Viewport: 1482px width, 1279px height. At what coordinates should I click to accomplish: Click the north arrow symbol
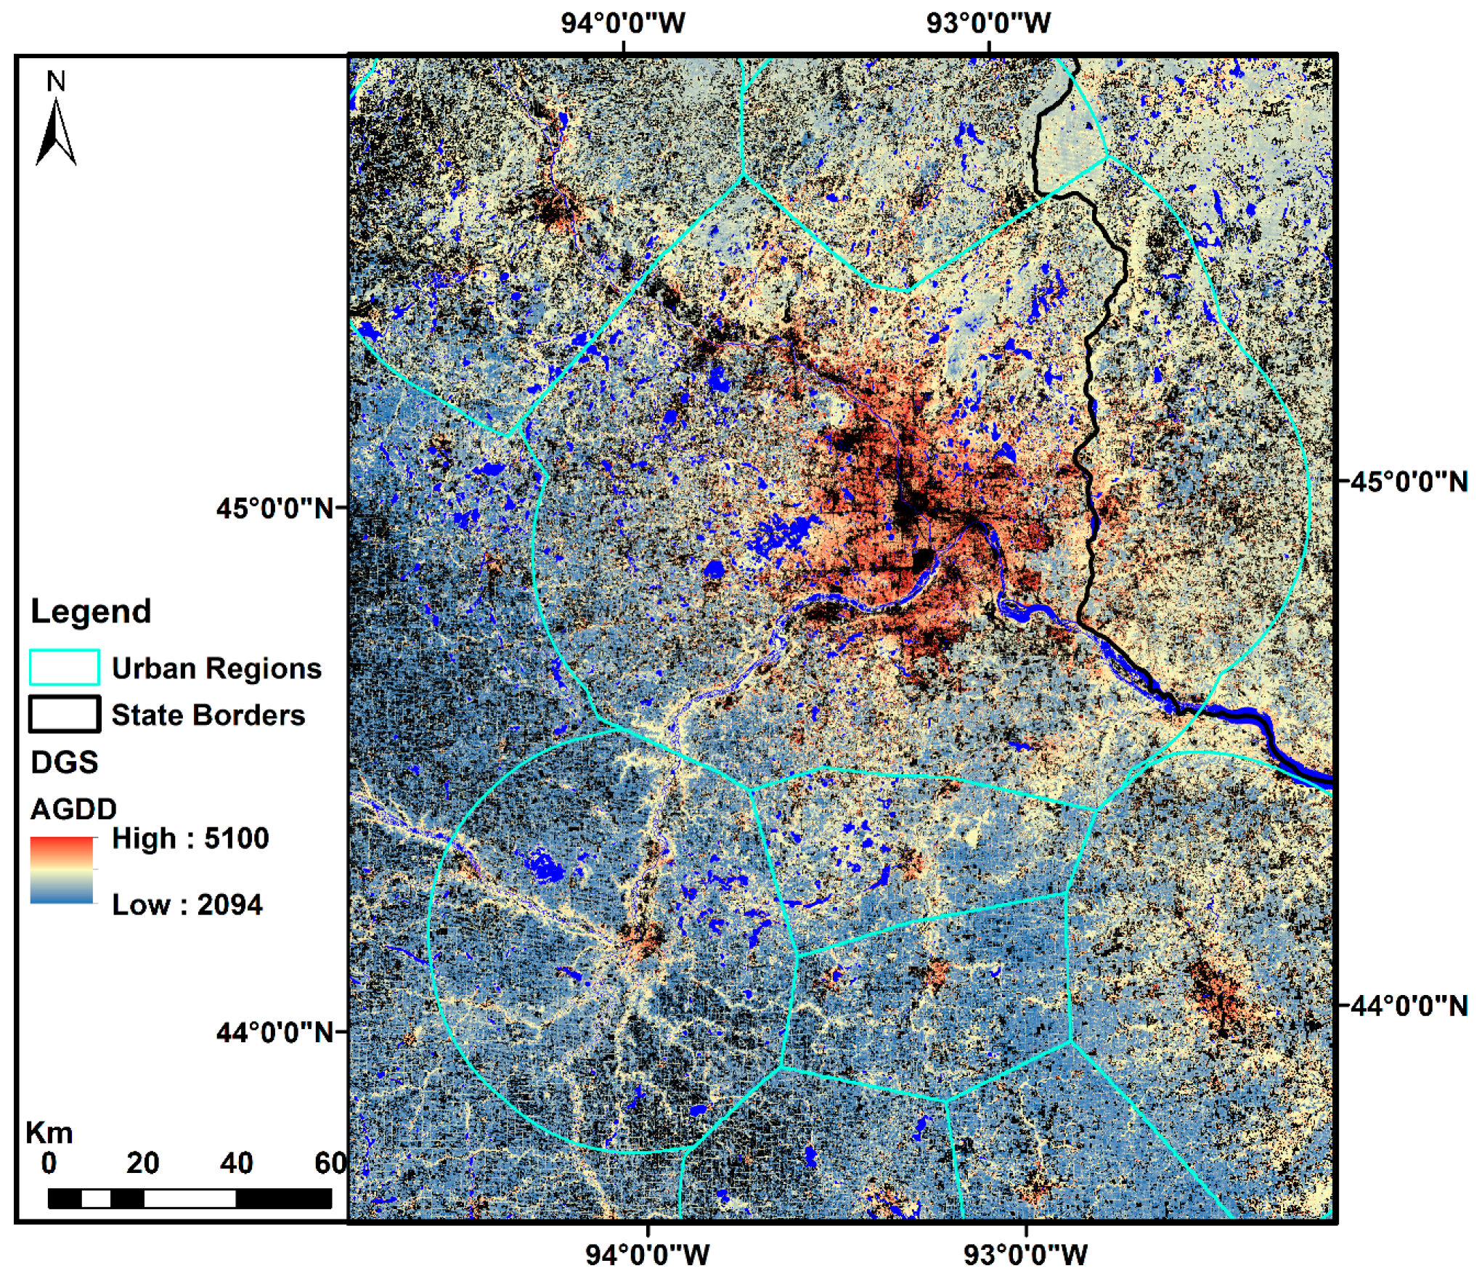coord(56,132)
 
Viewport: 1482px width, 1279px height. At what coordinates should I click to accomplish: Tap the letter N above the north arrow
coord(56,81)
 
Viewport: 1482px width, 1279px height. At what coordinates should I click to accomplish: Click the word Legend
coord(91,612)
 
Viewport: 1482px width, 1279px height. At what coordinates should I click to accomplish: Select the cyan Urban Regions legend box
coord(64,667)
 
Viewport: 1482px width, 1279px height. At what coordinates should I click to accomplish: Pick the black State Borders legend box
coord(64,714)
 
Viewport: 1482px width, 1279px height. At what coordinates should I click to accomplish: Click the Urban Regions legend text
coord(216,668)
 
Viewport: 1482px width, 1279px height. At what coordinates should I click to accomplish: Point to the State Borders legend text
coord(208,715)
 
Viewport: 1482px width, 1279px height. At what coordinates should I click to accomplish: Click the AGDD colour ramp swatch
coord(62,870)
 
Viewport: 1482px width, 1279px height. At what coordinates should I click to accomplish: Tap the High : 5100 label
coord(190,838)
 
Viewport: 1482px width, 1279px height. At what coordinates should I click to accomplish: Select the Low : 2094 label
coord(187,905)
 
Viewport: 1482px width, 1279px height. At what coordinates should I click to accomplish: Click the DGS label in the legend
coord(64,763)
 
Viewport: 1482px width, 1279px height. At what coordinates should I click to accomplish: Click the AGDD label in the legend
coord(73,809)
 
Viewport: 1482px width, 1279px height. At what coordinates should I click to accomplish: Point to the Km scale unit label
coord(49,1133)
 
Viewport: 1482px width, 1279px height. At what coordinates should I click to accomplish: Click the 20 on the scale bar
coord(142,1164)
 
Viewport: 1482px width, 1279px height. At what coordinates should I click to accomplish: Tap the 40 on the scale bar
coord(236,1164)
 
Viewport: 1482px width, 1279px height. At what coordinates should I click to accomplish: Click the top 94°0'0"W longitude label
coord(622,23)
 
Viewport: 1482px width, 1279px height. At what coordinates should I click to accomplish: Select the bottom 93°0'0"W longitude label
coord(1025,1255)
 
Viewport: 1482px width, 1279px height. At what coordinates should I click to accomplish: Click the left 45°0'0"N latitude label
coord(274,508)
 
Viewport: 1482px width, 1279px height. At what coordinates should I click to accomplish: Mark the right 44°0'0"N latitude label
coord(1409,1006)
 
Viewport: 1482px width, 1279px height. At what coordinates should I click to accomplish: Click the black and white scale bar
coord(190,1199)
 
